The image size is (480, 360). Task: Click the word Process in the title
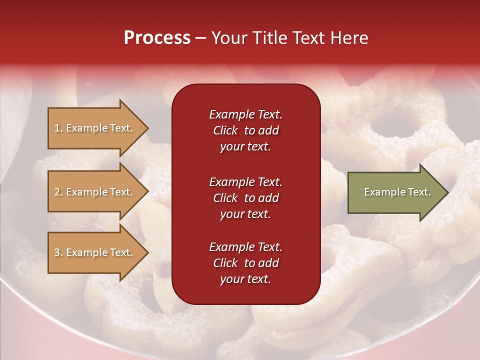[157, 38]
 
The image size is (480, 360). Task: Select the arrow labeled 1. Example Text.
[95, 128]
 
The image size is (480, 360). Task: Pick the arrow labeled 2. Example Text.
[95, 192]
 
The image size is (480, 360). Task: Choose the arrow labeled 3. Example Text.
[95, 252]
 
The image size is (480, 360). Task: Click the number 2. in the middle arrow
[58, 192]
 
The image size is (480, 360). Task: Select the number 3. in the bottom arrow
[58, 252]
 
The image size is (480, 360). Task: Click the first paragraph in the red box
[245, 130]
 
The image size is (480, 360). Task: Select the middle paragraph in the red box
[245, 198]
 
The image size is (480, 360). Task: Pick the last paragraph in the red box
[245, 263]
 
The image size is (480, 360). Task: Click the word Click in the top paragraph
[225, 130]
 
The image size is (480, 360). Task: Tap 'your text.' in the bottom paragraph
[245, 279]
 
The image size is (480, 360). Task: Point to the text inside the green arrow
[397, 192]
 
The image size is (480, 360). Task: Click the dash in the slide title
[201, 38]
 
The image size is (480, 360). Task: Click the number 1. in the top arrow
[58, 128]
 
